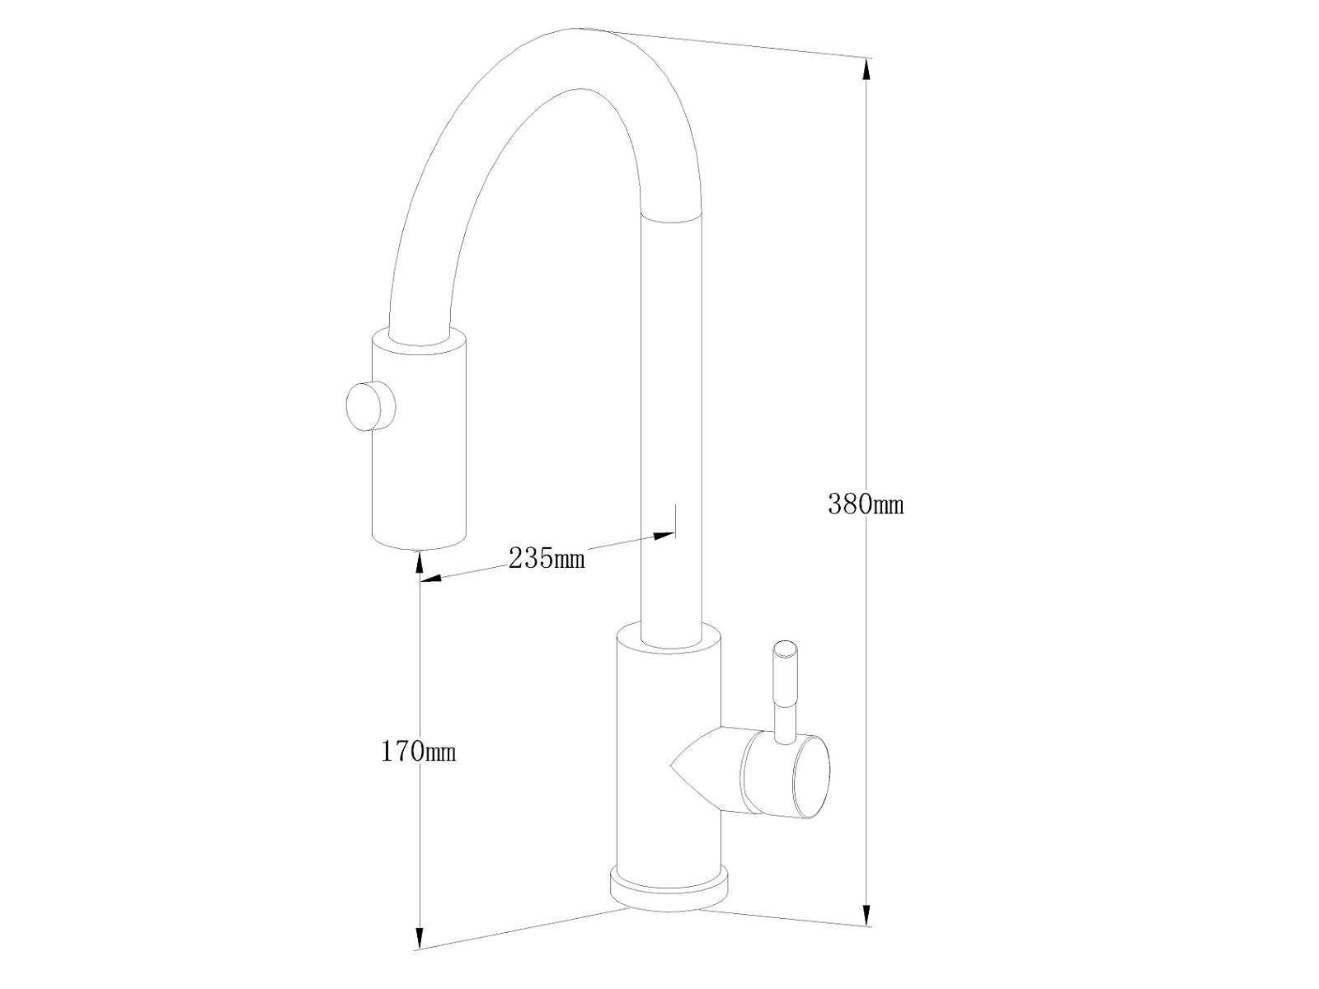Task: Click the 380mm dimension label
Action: coord(866,504)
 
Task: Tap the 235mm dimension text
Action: coord(547,559)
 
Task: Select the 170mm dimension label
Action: coord(418,751)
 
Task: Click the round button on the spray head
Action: coord(371,406)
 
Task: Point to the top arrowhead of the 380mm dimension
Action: coord(866,70)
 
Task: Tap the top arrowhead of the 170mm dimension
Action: coord(420,565)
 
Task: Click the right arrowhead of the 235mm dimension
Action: coord(664,535)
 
